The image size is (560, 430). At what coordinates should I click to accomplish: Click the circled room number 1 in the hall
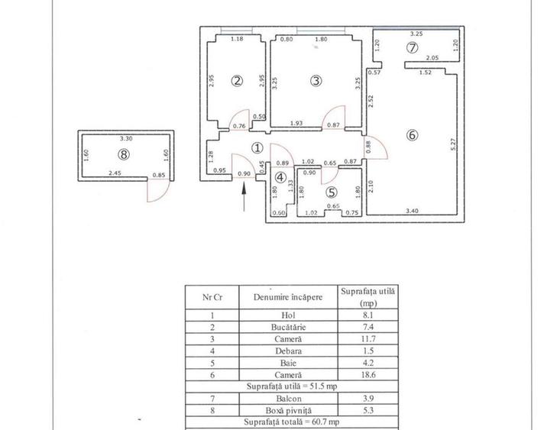click(x=257, y=148)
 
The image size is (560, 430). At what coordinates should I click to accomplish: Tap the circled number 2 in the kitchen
click(x=238, y=81)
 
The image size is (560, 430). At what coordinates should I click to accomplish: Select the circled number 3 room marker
click(x=314, y=81)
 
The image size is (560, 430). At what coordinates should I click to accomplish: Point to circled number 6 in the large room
click(x=412, y=136)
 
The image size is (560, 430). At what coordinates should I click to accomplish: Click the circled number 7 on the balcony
click(x=412, y=48)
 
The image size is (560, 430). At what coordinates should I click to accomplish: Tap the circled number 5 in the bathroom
click(x=331, y=193)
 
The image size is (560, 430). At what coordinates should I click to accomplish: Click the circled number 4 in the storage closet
click(x=280, y=178)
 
